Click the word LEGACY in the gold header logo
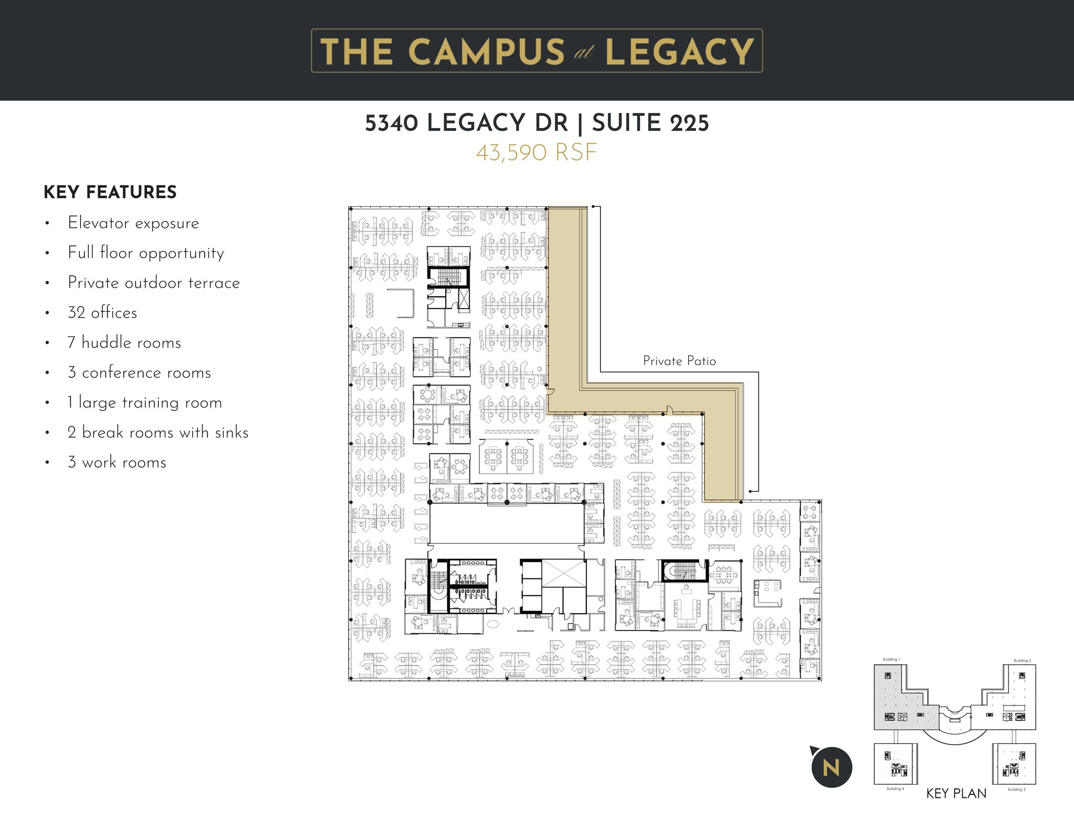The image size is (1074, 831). point(680,51)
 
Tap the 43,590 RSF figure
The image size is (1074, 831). point(536,153)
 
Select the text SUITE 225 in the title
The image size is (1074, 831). point(650,123)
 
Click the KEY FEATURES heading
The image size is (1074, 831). point(110,192)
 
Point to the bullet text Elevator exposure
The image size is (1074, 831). point(133,223)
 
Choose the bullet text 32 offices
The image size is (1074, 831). point(102,313)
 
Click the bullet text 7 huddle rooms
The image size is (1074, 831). point(124,343)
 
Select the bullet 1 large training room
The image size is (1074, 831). point(145,403)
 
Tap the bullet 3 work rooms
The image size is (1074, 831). point(117,462)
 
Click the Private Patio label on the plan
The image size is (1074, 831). point(679,361)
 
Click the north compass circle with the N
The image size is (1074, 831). point(831,767)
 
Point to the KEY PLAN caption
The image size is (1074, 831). point(956,793)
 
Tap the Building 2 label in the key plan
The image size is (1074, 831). point(1022,660)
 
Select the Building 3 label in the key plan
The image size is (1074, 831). point(1016,789)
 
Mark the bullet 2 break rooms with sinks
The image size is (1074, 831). point(158,433)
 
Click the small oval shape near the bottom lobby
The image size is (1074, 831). point(493,624)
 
